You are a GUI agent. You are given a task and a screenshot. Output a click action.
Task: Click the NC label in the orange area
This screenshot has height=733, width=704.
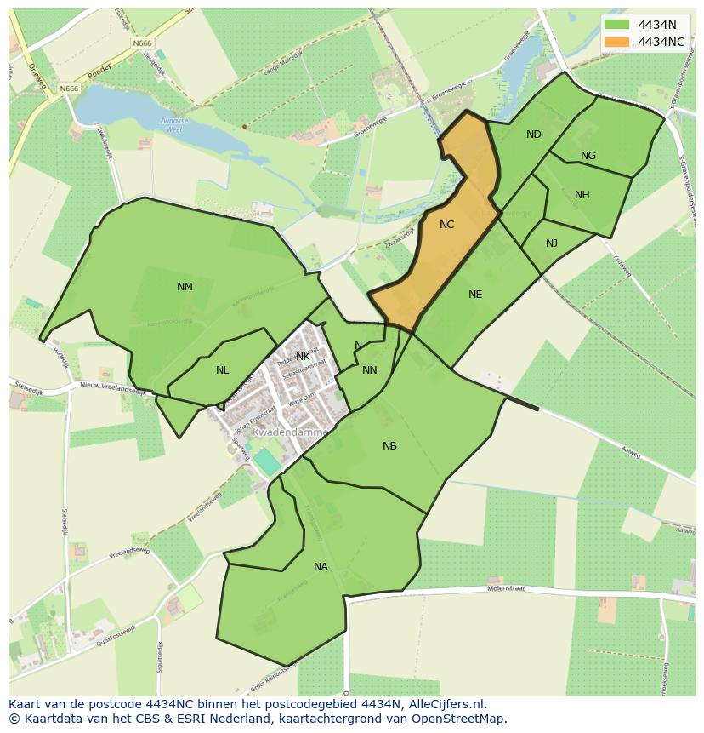pos(446,225)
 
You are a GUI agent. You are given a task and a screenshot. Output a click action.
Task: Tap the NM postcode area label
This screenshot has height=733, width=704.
pos(185,287)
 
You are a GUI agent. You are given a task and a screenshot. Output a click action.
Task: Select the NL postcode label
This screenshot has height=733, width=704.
pos(222,370)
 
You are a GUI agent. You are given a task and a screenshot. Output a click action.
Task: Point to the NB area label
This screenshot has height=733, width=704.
pos(389,446)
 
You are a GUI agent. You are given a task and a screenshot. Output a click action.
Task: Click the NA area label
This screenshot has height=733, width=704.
pos(321,567)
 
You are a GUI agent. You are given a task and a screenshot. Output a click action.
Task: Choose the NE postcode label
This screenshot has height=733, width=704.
pos(475,295)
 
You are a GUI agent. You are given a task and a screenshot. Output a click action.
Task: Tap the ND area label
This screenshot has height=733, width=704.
pos(533,135)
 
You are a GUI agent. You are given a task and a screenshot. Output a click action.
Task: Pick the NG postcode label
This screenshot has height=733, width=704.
pos(588,156)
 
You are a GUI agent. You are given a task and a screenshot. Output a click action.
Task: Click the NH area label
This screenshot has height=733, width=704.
pos(582,195)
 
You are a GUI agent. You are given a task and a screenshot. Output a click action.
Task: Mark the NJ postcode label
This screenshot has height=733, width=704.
pos(552,243)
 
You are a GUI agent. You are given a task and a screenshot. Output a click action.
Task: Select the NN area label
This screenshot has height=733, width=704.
pos(369,370)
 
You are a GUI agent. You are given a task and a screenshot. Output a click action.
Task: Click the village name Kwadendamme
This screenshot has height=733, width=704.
pos(290,432)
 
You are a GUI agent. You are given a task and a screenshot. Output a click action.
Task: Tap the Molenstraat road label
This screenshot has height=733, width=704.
pos(507,588)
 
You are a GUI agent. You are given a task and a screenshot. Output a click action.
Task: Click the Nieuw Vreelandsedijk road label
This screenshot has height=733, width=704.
pos(112,387)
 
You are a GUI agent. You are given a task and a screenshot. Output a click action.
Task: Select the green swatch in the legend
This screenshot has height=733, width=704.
pos(617,25)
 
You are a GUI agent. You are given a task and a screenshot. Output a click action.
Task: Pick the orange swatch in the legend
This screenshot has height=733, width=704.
pos(617,42)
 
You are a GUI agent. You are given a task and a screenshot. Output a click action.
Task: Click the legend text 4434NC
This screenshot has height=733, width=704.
pos(661,42)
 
